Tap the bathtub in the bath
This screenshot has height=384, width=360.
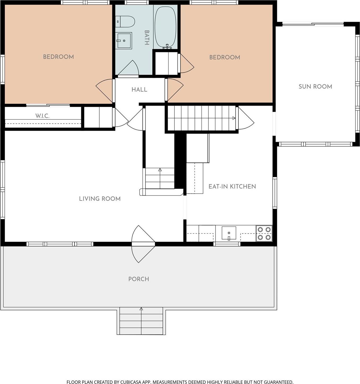(166, 27)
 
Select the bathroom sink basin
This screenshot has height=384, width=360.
(124, 41)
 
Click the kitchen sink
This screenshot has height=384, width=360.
(229, 233)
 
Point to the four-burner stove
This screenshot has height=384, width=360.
(264, 233)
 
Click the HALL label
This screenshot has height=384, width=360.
(139, 89)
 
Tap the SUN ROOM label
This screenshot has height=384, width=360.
(315, 86)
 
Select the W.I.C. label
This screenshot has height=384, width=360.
(42, 116)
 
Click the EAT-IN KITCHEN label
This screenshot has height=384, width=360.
(232, 186)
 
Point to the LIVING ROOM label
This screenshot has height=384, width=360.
(100, 199)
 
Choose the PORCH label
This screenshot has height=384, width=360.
(139, 279)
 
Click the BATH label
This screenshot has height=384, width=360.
(147, 37)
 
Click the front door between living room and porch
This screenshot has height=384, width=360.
(143, 244)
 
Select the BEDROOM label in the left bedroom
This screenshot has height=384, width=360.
(58, 57)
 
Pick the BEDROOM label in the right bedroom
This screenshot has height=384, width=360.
(225, 57)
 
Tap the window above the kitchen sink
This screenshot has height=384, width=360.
(227, 244)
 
